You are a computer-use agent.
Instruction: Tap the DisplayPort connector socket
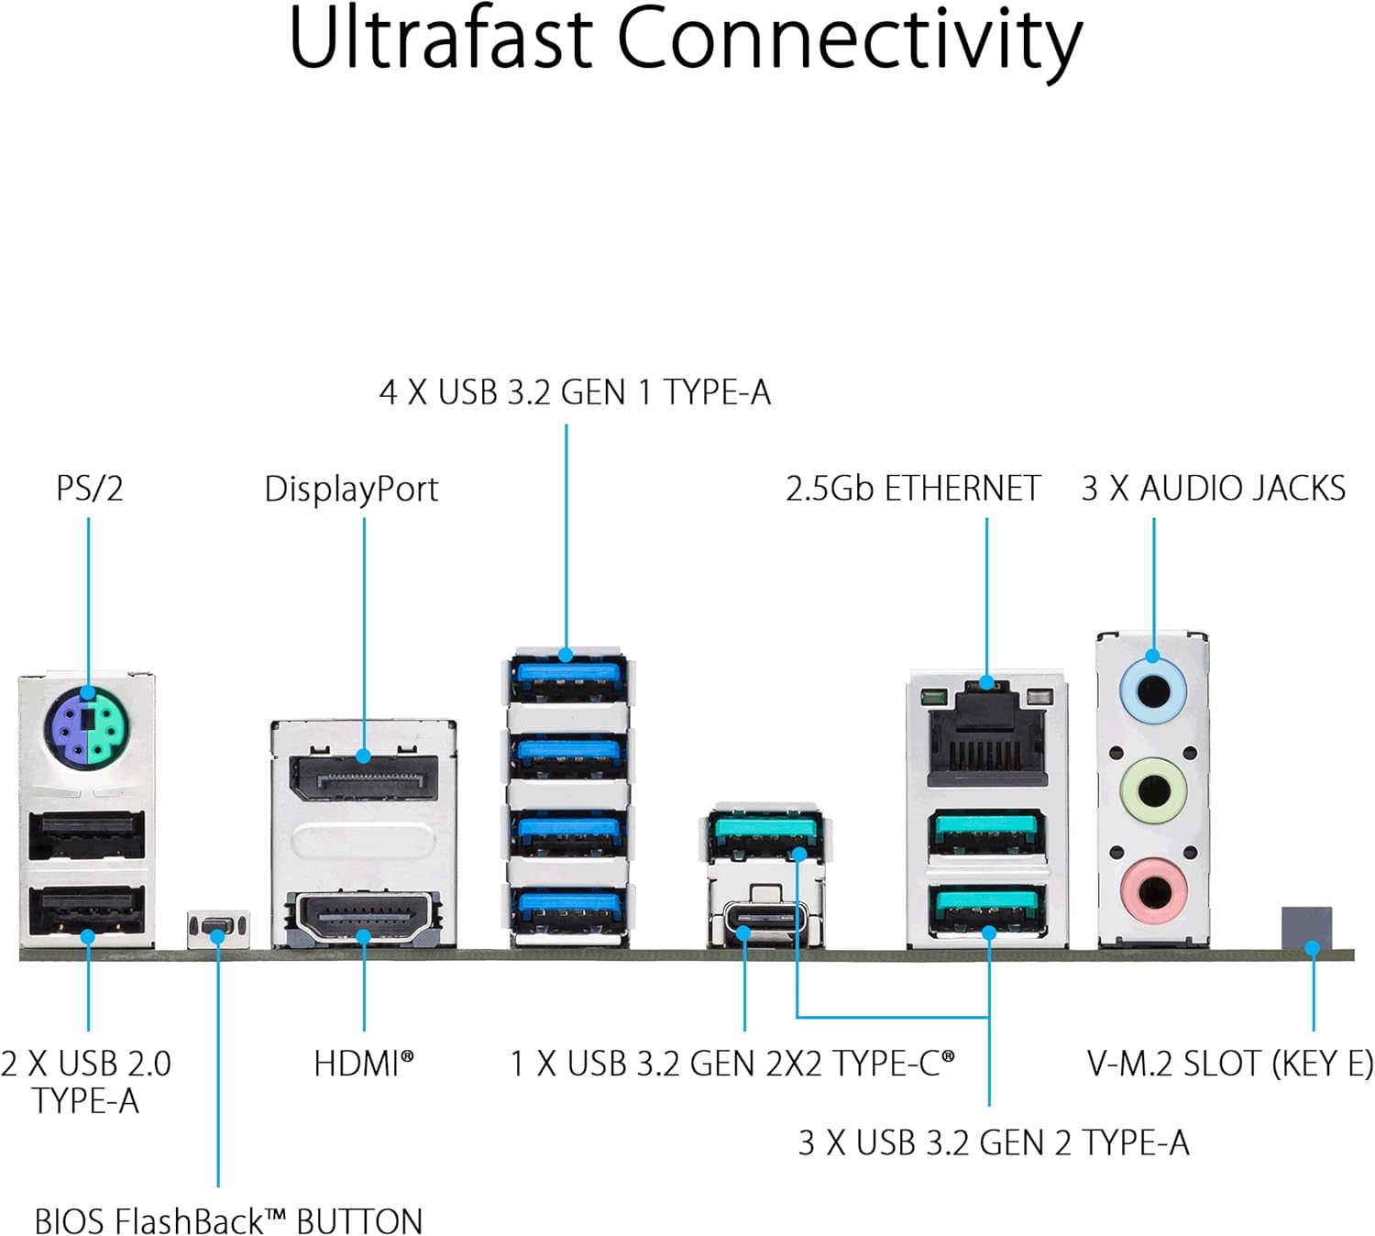363,778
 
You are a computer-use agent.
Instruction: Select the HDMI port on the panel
364,918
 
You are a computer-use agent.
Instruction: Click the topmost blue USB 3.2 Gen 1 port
568,677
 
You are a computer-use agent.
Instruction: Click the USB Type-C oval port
765,917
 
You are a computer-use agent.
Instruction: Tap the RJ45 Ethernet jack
986,734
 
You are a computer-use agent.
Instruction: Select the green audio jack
1153,789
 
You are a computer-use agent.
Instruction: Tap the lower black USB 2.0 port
87,911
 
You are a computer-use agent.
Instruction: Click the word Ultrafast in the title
440,39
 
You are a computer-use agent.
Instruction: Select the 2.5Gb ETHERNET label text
913,489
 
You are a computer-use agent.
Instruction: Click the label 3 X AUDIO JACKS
1213,489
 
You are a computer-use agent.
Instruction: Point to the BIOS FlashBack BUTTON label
228,1221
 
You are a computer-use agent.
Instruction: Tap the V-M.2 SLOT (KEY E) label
1230,1064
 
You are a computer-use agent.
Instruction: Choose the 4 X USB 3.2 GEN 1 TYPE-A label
575,392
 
